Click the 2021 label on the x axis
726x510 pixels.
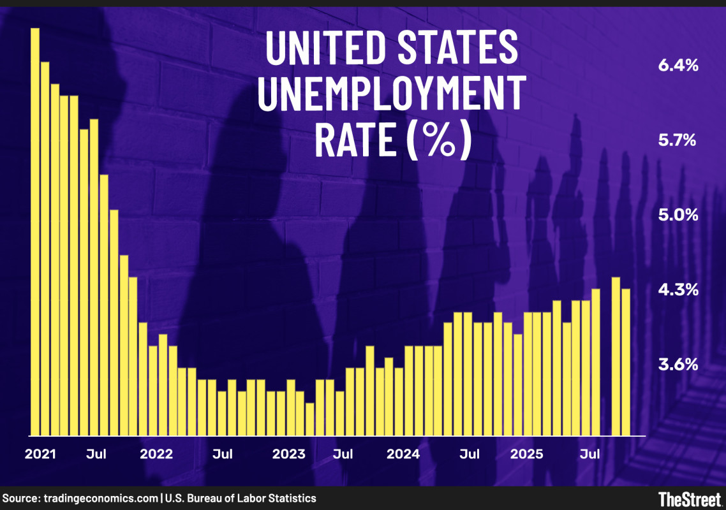(x=41, y=455)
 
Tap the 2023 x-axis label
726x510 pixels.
(x=289, y=455)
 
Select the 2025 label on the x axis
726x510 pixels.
(x=526, y=455)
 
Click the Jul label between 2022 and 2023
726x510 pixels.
(x=222, y=455)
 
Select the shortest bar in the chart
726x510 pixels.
(x=310, y=419)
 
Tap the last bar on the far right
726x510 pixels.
(x=626, y=362)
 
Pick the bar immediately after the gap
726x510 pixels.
(x=616, y=356)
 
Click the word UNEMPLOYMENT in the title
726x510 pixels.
(x=392, y=94)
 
